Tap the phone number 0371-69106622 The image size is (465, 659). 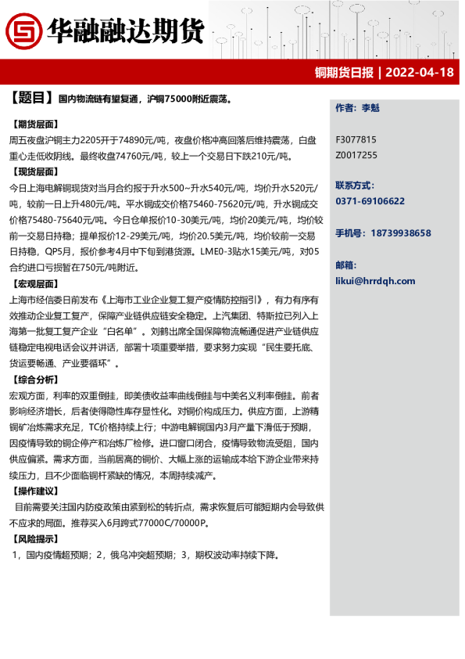[x=370, y=201]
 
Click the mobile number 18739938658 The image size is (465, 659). [x=399, y=233]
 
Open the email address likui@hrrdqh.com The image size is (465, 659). [x=375, y=281]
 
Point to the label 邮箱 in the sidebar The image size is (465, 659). [x=345, y=265]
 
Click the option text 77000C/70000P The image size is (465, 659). [x=170, y=523]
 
